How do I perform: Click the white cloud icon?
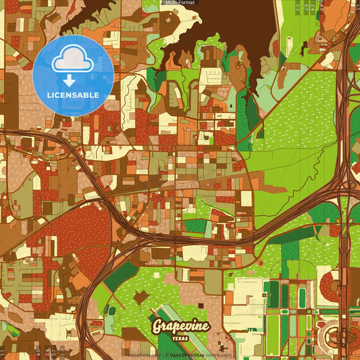tap(72, 60)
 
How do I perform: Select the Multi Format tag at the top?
tap(180, 3)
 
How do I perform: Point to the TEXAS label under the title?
tap(180, 338)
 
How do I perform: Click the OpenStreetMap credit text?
tap(188, 355)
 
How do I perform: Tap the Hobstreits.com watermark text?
tap(144, 355)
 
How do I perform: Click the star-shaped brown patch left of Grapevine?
tap(142, 297)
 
